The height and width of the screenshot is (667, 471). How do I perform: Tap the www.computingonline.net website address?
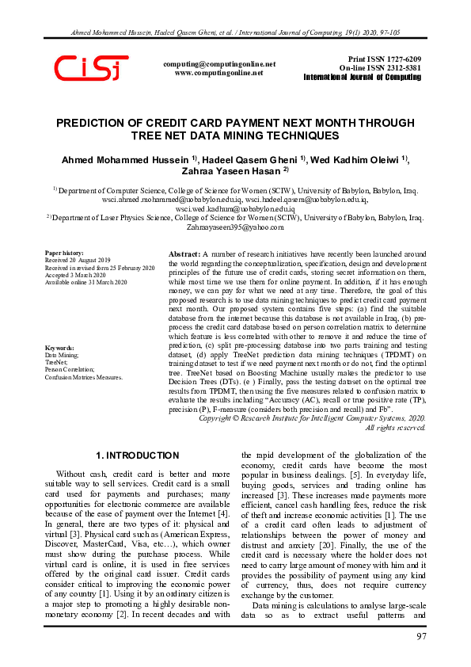(x=218, y=72)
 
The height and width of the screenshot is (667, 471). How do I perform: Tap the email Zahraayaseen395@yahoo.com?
(x=234, y=227)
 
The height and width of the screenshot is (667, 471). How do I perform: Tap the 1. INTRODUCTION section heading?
(x=137, y=455)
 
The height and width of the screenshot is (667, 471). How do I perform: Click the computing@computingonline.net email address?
(x=218, y=63)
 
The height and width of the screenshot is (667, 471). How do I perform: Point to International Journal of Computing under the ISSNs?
(x=363, y=78)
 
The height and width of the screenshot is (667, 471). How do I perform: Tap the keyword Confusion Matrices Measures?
(x=84, y=377)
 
